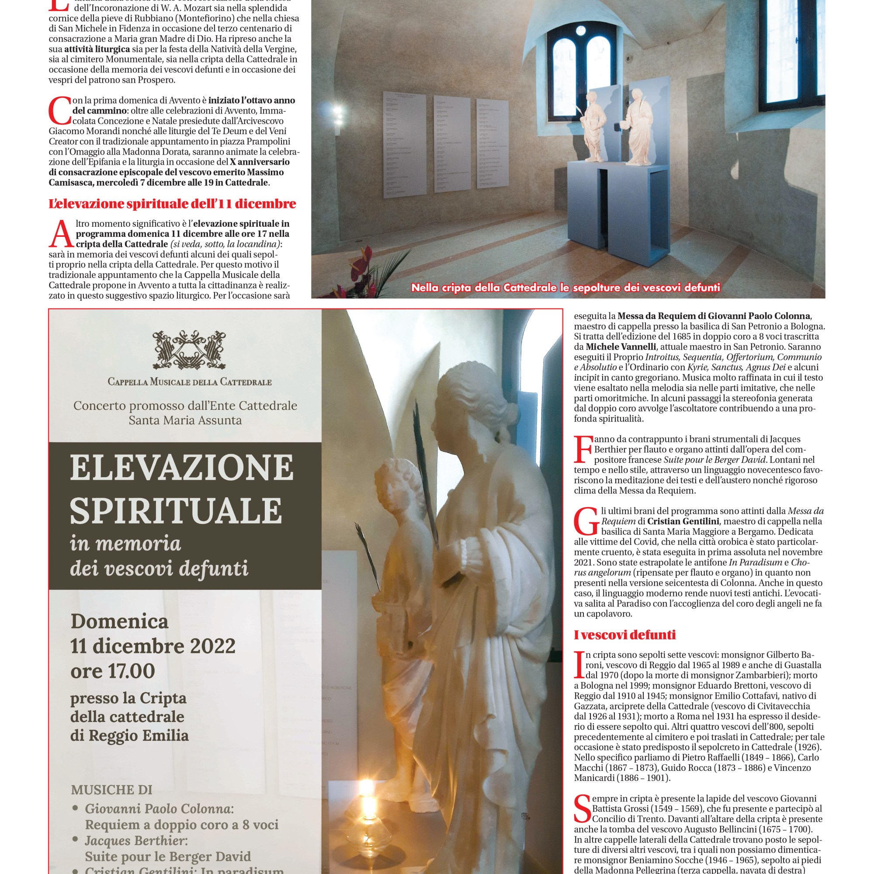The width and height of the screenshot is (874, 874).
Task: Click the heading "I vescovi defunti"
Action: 625,635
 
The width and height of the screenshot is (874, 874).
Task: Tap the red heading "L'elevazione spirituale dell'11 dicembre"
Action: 172,204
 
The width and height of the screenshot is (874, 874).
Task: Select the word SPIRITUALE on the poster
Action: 176,510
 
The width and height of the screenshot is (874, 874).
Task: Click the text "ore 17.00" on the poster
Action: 113,671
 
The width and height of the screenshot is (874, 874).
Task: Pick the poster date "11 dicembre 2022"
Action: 153,646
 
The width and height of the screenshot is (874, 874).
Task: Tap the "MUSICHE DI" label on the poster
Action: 111,790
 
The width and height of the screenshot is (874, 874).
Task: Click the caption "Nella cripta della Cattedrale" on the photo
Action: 565,288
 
